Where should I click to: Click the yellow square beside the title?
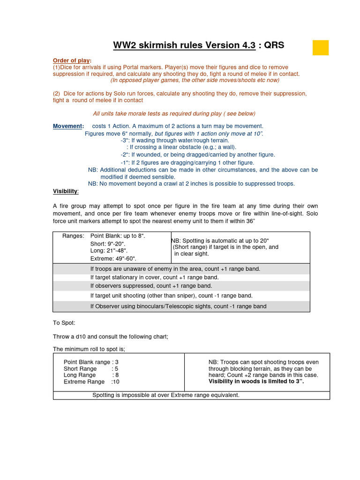point(321,48)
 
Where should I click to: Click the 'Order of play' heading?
point(72,60)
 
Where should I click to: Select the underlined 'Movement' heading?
point(68,126)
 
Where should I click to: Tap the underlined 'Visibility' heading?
point(66,191)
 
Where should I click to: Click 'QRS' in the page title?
point(274,45)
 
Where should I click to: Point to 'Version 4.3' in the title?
point(227,45)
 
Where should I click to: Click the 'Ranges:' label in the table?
point(73,236)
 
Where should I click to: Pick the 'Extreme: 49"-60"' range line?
point(113,258)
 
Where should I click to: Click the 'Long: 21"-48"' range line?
point(109,251)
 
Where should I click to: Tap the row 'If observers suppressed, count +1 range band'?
point(151,285)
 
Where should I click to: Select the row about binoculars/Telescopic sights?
point(178,306)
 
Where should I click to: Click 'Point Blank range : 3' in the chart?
point(91,362)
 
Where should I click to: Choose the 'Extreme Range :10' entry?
point(92,382)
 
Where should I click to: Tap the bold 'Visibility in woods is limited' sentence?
point(256,382)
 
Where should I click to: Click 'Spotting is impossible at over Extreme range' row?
point(166,395)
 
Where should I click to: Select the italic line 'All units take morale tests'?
point(174,113)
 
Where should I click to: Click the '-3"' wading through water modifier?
point(174,140)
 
